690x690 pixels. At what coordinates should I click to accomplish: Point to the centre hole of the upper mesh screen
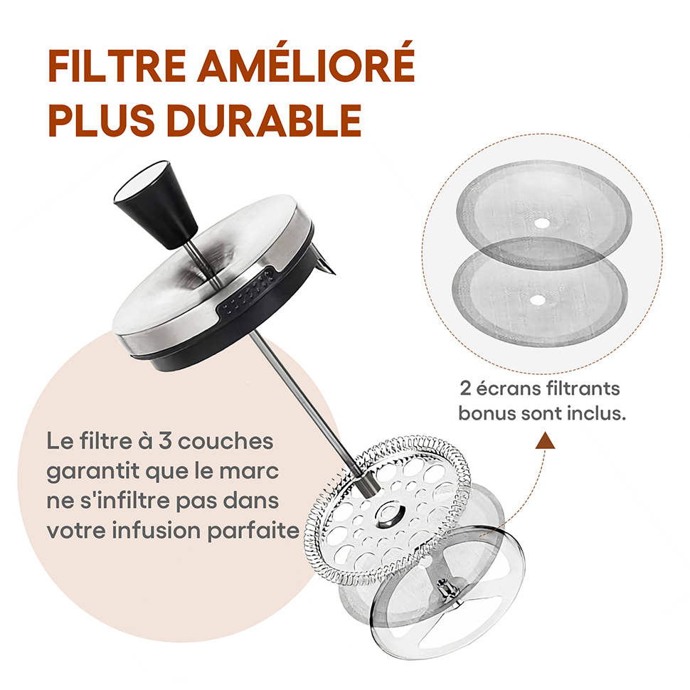(x=541, y=223)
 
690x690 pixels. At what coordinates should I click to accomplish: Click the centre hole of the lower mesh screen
(x=537, y=300)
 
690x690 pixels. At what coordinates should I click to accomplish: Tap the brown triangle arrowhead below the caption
(x=545, y=440)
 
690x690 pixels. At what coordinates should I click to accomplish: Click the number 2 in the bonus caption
(x=465, y=389)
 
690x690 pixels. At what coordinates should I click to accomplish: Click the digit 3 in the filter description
(x=165, y=441)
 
